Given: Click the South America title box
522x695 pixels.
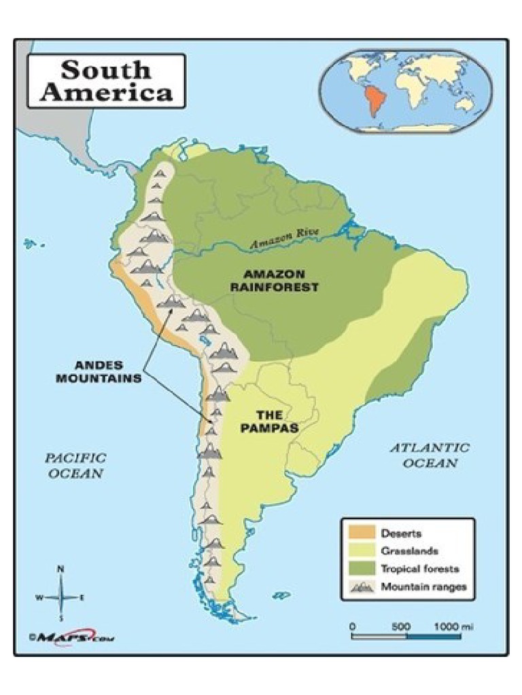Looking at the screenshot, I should click(x=106, y=81).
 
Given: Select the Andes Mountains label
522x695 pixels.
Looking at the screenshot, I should click(x=99, y=371).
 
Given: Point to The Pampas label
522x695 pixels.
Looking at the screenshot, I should click(x=270, y=421).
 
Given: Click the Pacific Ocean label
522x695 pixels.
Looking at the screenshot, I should click(x=75, y=466).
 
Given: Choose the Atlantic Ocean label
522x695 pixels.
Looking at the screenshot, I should click(x=429, y=455).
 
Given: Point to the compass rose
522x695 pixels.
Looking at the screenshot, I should click(x=60, y=597).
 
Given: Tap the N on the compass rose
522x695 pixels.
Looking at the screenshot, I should click(x=60, y=569).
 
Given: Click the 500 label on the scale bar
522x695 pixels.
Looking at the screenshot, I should click(x=402, y=626).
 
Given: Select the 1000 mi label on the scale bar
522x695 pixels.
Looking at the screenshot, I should click(x=453, y=626).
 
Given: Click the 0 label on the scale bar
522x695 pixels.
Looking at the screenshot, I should click(x=352, y=626).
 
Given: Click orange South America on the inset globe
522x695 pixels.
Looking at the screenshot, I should click(x=372, y=101).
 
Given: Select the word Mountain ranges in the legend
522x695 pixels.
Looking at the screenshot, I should click(x=423, y=587).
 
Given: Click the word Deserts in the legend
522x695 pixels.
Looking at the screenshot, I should click(x=400, y=533).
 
